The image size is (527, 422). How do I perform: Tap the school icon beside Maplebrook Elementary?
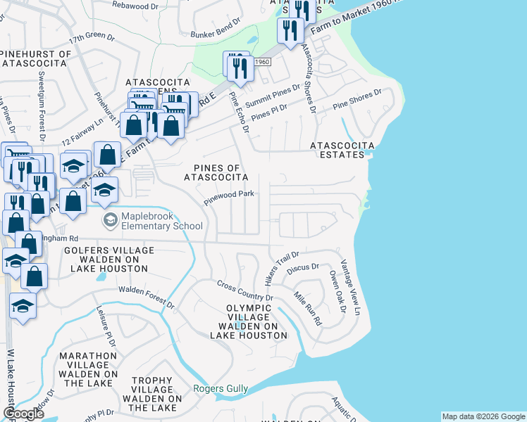(x=111, y=221)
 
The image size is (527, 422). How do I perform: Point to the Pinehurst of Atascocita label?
(x=37, y=58)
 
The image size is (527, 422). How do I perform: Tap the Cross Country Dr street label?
(x=244, y=291)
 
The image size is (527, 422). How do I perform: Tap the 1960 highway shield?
(x=261, y=62)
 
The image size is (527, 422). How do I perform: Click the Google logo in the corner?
(x=24, y=413)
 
